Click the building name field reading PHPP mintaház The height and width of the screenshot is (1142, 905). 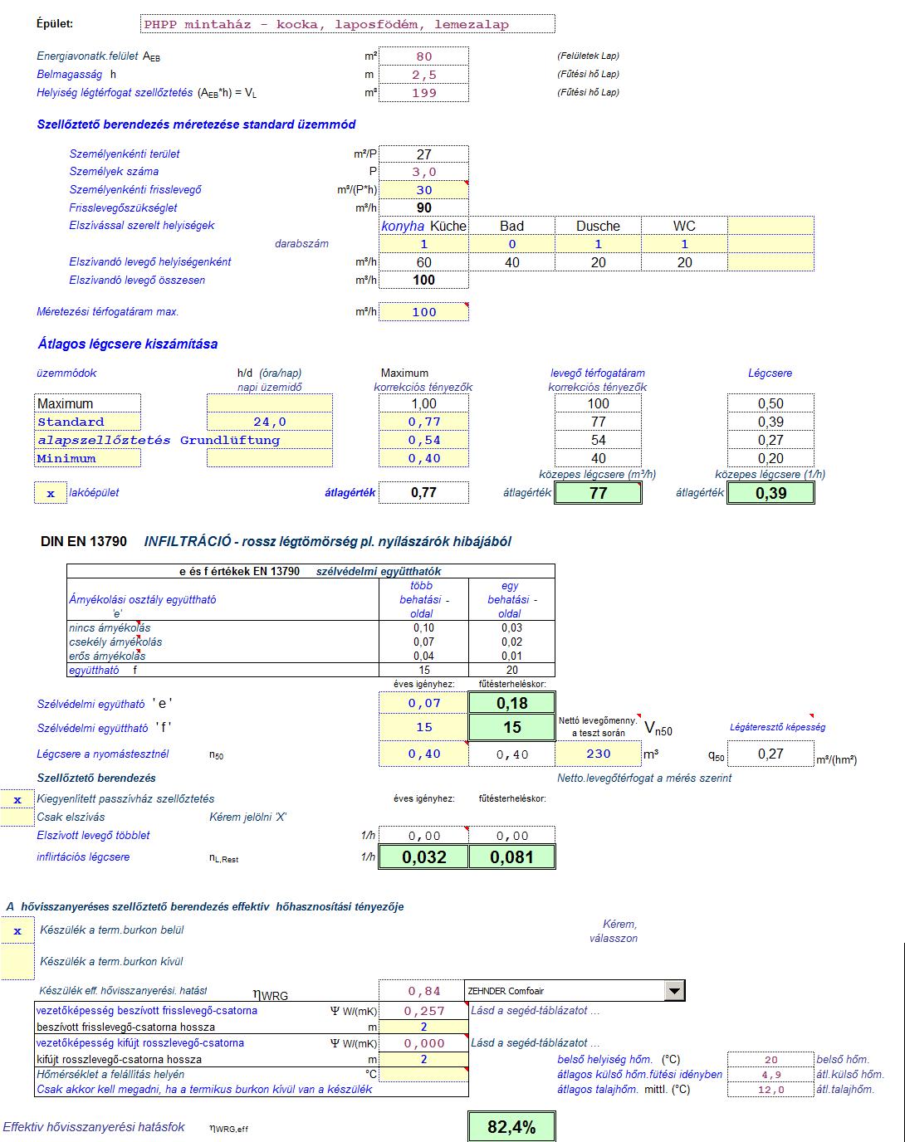pos(348,24)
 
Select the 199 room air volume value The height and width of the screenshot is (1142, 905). pos(424,93)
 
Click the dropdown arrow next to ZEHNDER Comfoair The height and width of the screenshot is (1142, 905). pos(675,990)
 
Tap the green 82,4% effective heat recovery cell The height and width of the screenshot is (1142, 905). pos(511,1127)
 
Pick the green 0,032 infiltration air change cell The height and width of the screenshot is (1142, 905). pos(424,857)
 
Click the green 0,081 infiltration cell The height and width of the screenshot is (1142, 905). pos(511,857)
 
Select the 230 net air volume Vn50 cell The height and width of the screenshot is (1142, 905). pos(598,754)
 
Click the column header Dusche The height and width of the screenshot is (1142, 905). pos(598,226)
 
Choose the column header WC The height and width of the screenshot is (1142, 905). pos(684,226)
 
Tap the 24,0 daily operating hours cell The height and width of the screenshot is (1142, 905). pos(269,422)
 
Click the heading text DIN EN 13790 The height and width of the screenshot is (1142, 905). pos(84,542)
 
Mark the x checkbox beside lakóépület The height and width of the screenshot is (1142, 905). pos(51,493)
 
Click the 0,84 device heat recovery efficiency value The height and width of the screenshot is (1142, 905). pos(424,991)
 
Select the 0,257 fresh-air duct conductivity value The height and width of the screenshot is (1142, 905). pos(424,1011)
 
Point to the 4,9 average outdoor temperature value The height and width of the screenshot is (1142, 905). pos(770,1075)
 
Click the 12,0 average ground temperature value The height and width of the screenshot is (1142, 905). pos(770,1090)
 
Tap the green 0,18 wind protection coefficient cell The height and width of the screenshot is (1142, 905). pos(512,703)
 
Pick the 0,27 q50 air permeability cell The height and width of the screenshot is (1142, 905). pos(770,754)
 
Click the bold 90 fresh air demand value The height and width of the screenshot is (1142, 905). pos(424,208)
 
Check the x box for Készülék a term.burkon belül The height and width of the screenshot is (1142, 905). pos(17,931)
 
